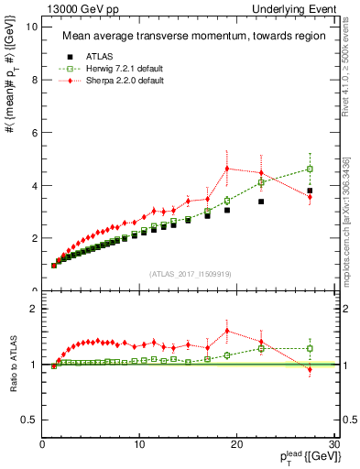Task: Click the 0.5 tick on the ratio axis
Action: (x=29, y=420)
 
